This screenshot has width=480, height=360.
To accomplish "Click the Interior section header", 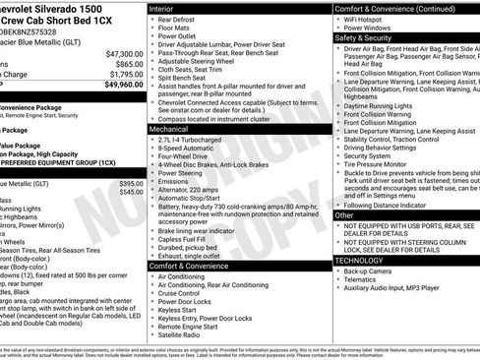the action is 166,8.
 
